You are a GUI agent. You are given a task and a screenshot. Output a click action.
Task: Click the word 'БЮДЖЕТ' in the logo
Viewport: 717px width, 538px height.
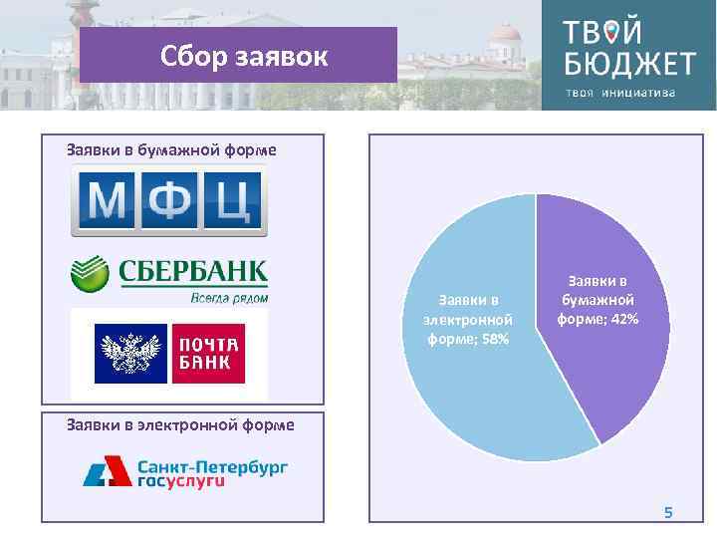(629, 65)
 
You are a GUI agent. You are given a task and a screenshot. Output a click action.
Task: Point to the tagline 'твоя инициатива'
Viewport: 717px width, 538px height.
(621, 94)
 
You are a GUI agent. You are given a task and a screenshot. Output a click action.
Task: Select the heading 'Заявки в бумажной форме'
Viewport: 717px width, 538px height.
(171, 150)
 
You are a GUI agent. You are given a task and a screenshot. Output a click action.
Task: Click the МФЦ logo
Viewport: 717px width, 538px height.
(168, 202)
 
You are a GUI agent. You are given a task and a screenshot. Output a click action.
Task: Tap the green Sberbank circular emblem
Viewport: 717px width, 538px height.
(89, 275)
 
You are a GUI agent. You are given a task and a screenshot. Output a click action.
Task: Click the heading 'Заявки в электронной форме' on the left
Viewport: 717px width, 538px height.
(180, 425)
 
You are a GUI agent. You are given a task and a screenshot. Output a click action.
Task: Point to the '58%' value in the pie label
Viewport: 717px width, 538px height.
(494, 340)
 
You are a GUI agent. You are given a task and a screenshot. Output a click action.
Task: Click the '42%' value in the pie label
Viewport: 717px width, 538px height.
(624, 319)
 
